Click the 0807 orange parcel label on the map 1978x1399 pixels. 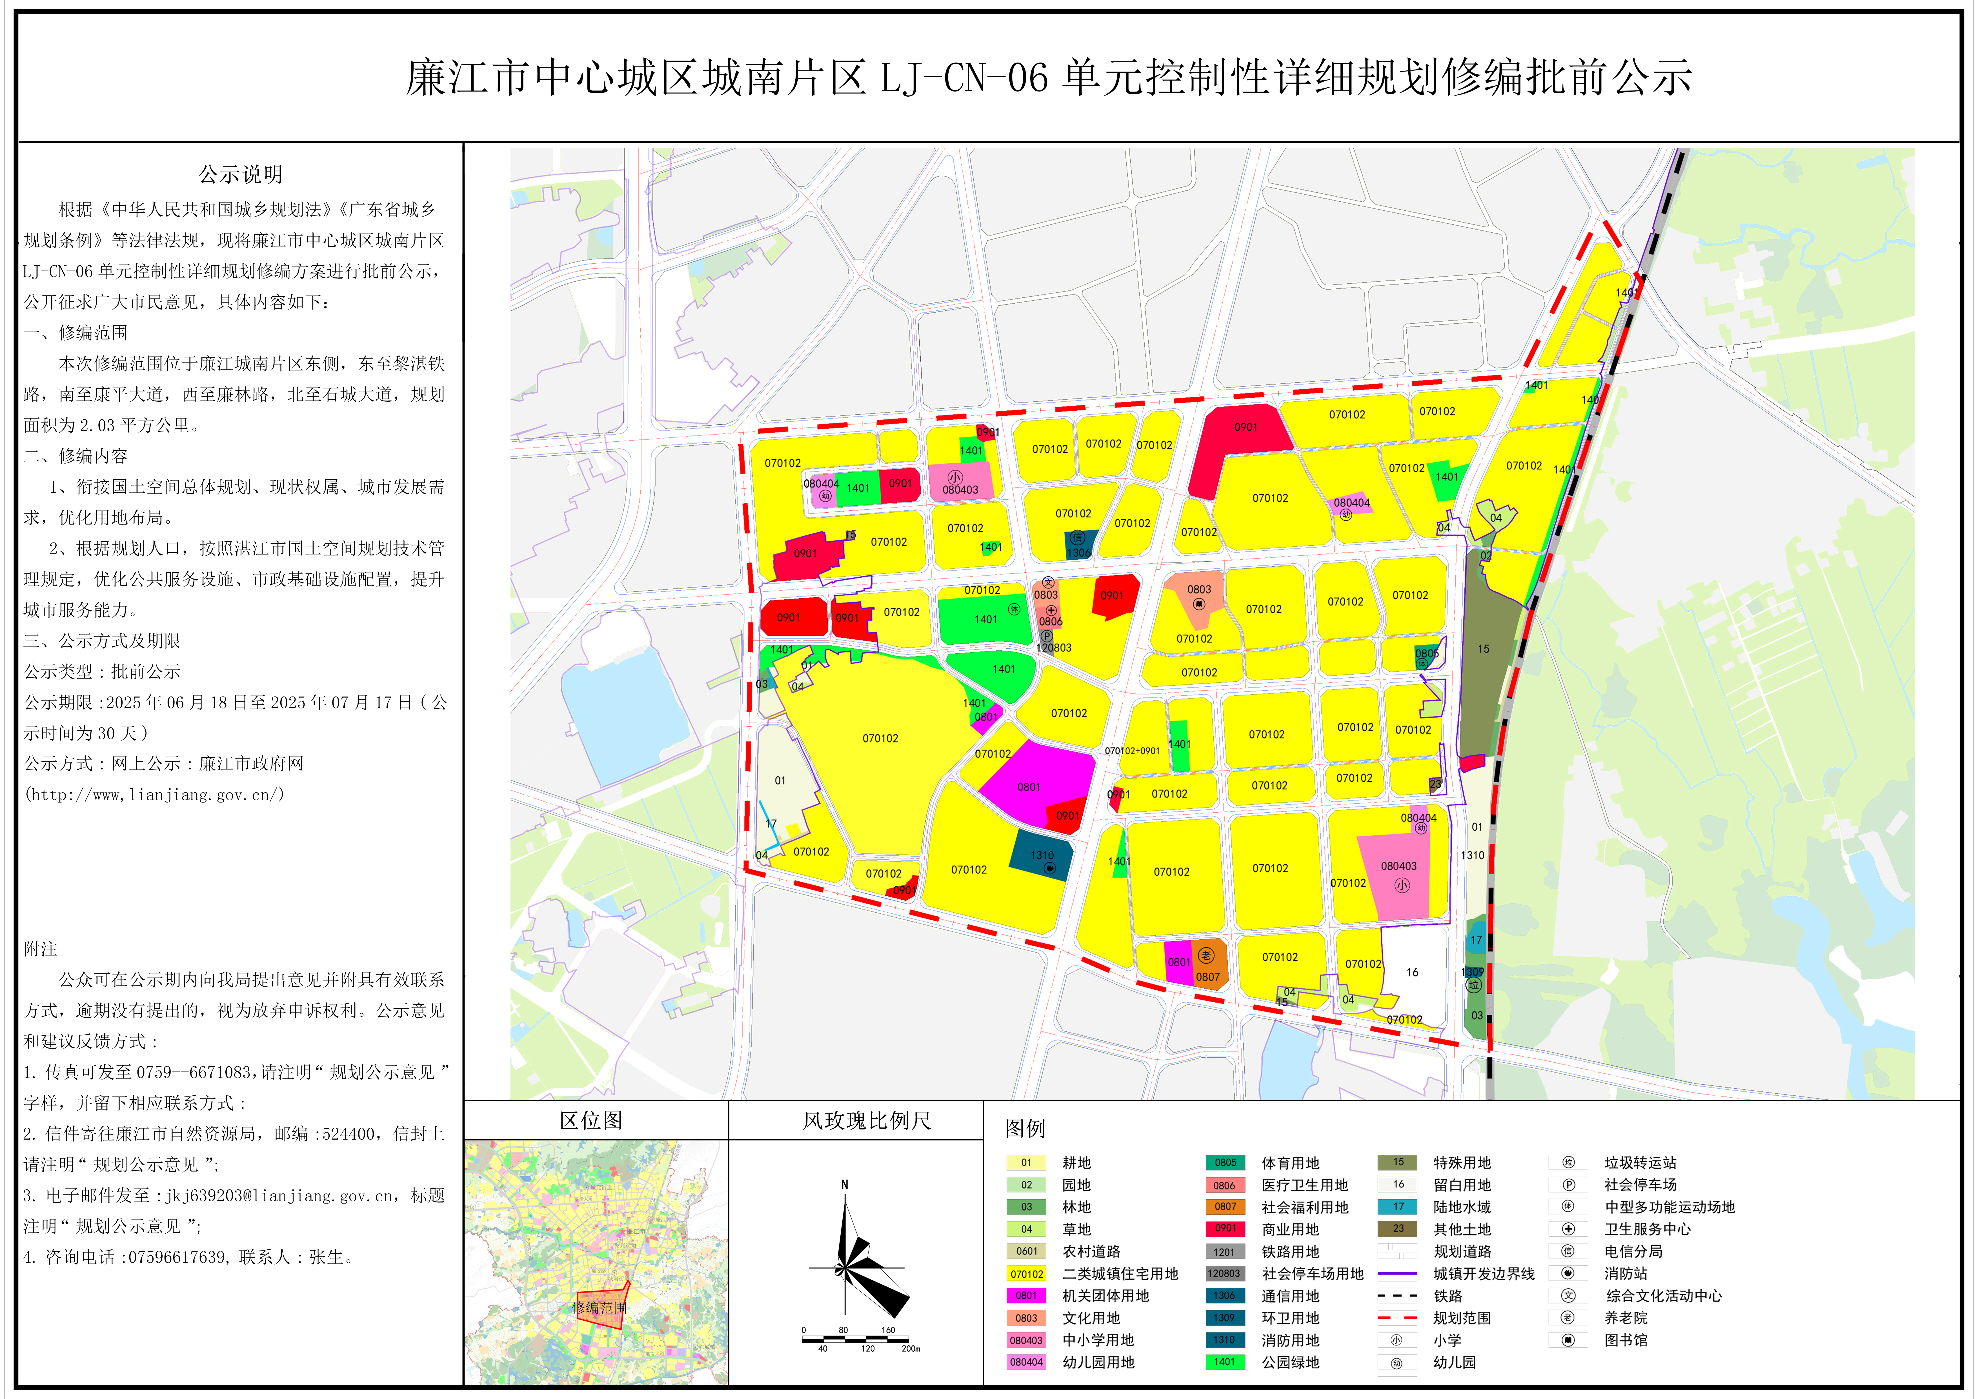[1207, 977]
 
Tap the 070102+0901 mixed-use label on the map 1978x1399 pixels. [1132, 750]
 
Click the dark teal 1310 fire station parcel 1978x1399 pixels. [1042, 855]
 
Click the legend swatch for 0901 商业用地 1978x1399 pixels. [1225, 1228]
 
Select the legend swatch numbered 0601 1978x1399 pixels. [1026, 1251]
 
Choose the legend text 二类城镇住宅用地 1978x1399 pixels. [1120, 1273]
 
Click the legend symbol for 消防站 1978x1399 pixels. [1568, 1273]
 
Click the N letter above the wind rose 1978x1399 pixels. [844, 1184]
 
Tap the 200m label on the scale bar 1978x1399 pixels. [911, 1348]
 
